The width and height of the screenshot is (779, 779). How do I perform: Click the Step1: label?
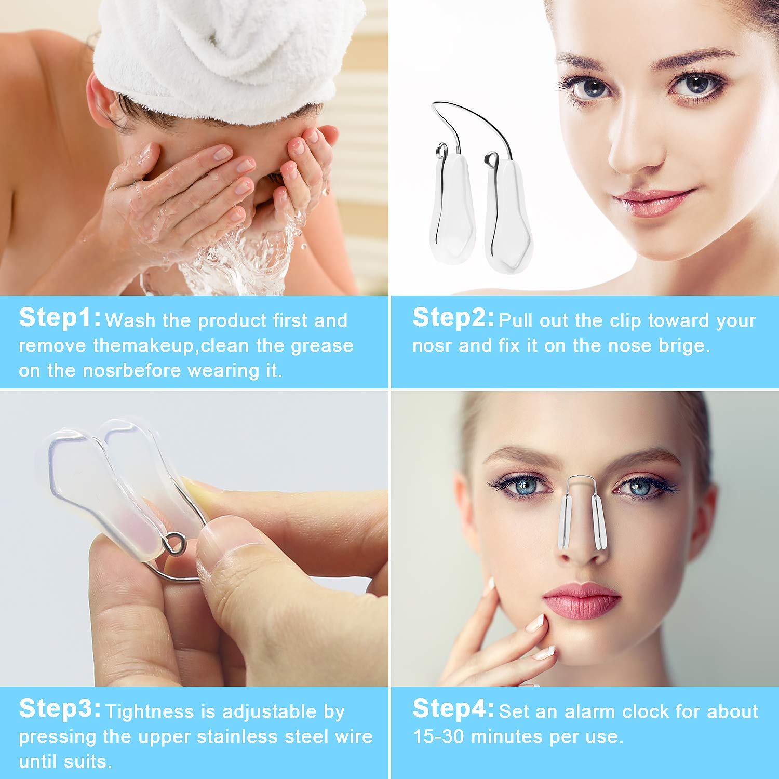coord(60,318)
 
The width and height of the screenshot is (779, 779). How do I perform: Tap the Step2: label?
coord(453,318)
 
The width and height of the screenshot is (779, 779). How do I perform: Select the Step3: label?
coord(60,709)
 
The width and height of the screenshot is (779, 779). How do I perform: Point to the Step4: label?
coord(453,709)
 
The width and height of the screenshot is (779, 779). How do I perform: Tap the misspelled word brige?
coord(684,346)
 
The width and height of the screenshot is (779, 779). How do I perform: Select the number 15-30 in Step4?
coord(438,736)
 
